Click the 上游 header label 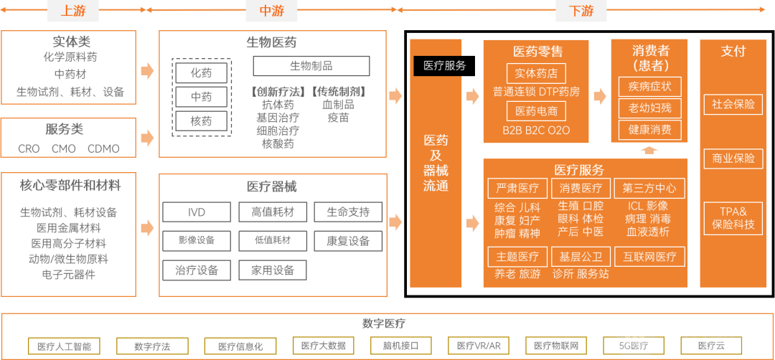73,11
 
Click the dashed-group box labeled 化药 201,73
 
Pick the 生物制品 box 311,66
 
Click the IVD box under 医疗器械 196,212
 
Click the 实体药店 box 536,73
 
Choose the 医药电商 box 536,111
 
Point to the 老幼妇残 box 649,108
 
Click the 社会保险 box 733,104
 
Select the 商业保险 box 733,158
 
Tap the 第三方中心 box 649,189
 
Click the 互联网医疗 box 649,257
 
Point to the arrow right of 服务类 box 147,137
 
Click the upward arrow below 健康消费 649,150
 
